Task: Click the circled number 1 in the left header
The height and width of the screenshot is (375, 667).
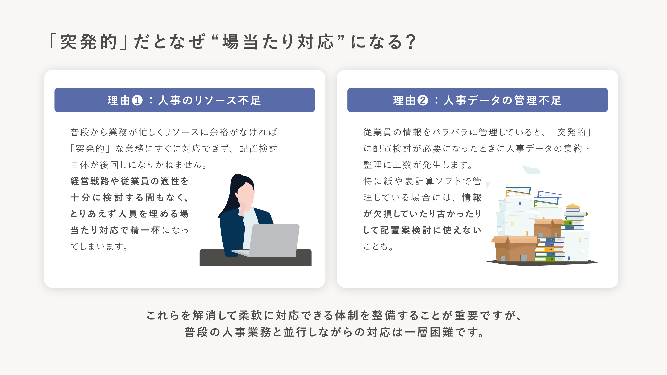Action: (137, 100)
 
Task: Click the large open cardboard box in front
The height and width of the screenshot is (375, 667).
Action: (514, 248)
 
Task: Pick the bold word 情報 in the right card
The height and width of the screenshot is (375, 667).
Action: (472, 197)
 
